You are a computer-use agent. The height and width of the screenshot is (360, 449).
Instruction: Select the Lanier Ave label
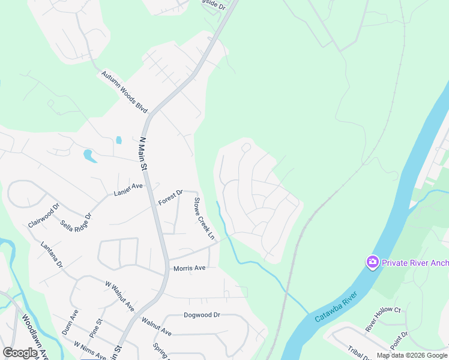coord(128,190)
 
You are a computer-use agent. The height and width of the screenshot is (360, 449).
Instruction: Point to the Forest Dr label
coord(170,197)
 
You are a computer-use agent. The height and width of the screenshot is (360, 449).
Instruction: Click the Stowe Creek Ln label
coord(203,217)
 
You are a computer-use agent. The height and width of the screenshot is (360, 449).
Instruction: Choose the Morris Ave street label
coord(190,268)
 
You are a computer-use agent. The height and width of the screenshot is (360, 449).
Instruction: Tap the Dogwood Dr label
coord(202,314)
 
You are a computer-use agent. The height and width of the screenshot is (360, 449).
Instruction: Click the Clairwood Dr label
coord(44,215)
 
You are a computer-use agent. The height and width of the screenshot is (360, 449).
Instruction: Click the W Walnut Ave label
coord(119,295)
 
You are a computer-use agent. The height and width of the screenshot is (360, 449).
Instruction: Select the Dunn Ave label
coord(70,322)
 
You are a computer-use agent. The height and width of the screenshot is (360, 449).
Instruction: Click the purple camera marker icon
coord(373,262)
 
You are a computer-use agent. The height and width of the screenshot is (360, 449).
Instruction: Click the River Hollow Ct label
coord(382,318)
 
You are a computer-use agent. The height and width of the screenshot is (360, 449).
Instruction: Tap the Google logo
coord(20,353)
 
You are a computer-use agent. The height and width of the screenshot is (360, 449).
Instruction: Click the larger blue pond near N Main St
coord(89,156)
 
